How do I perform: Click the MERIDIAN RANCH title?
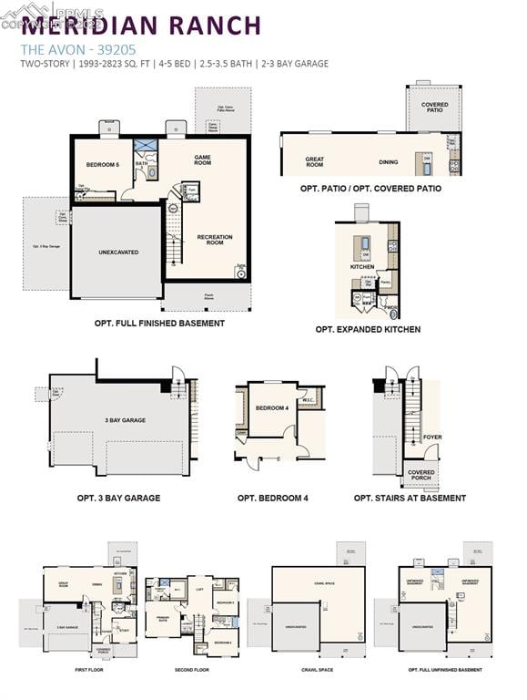(x=141, y=26)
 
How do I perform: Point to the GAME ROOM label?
(x=202, y=160)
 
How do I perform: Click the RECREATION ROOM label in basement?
(x=215, y=240)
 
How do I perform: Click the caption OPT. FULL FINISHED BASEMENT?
(x=159, y=323)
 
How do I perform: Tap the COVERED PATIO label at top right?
(x=434, y=108)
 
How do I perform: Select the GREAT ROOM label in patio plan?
(x=314, y=162)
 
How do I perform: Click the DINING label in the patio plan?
(x=389, y=162)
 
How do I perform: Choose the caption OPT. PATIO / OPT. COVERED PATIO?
(x=370, y=189)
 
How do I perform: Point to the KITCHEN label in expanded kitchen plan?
(x=362, y=267)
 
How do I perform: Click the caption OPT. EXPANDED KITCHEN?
(x=368, y=329)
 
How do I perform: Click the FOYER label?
(x=432, y=437)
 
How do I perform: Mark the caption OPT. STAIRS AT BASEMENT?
(x=410, y=498)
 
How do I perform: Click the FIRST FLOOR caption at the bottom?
(x=89, y=670)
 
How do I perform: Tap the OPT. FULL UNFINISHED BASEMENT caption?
(x=445, y=670)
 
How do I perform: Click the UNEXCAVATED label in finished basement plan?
(x=118, y=252)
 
